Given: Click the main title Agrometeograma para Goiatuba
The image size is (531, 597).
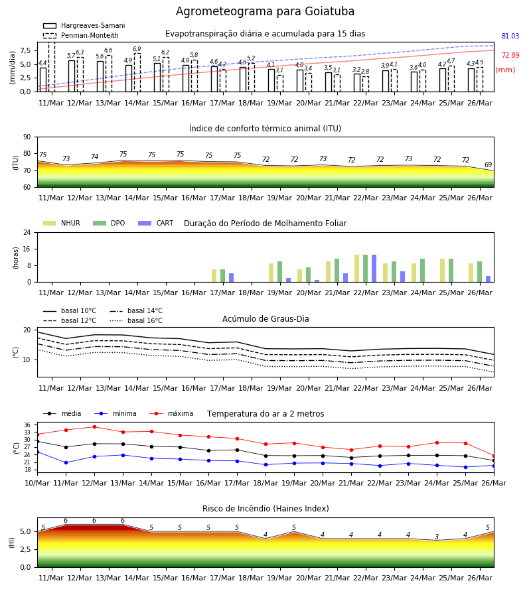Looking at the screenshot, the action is (265, 12).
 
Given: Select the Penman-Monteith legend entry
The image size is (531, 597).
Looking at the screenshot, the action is (81, 35).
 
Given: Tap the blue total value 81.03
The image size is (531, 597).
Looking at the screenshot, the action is (510, 36).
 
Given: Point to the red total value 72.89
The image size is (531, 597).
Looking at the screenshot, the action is (510, 55).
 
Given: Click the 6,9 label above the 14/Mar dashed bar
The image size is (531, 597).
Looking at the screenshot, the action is (137, 49).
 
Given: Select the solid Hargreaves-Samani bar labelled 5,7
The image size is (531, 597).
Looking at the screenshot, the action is (72, 76).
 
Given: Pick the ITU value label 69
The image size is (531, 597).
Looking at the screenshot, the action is (488, 165).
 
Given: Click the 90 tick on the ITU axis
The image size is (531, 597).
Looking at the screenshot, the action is (27, 137).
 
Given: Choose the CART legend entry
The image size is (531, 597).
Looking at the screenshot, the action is (156, 223).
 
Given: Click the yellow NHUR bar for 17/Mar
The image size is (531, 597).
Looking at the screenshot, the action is (214, 276).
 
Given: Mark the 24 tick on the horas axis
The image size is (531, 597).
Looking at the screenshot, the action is (27, 232).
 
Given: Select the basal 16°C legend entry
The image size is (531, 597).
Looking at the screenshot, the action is (136, 320).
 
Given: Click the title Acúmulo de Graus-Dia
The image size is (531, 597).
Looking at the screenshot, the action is (265, 318).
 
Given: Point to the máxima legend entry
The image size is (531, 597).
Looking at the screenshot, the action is (172, 413).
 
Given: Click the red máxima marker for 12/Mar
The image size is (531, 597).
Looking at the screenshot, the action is (94, 427).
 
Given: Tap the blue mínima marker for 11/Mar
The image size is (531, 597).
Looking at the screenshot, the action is (66, 462).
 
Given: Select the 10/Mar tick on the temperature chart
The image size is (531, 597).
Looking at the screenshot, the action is (37, 483).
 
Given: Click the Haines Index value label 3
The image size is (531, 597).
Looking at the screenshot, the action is (437, 537).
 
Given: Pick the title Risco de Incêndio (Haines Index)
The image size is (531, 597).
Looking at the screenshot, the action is (265, 508).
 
